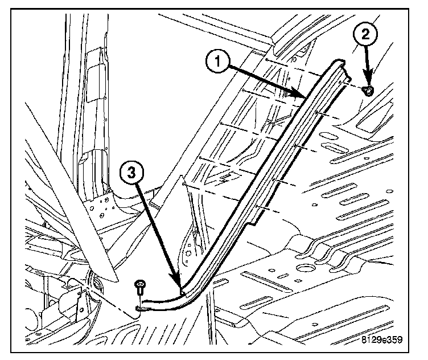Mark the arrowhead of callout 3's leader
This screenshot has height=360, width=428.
coord(181,289)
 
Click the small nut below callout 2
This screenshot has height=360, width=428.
coord(369,90)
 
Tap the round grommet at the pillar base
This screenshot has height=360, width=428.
coord(94,283)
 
